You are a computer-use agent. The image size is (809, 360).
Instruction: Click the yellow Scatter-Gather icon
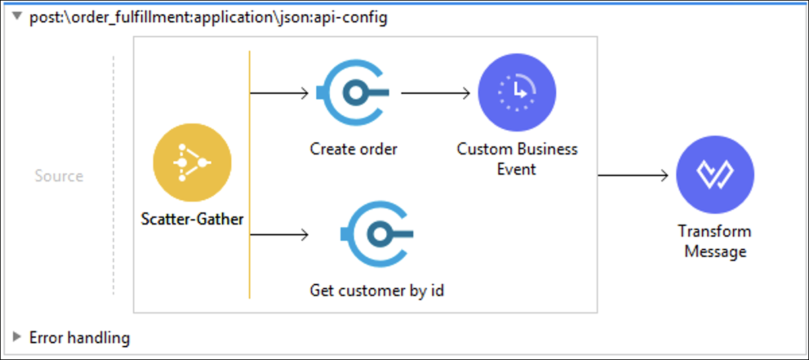(192, 162)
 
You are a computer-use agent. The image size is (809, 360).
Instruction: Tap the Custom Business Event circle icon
(517, 92)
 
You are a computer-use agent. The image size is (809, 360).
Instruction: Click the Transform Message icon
(715, 175)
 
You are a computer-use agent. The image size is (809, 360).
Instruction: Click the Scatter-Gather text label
(192, 219)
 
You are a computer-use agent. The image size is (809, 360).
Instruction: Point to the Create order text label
(353, 149)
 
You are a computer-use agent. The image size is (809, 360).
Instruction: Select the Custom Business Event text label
(517, 159)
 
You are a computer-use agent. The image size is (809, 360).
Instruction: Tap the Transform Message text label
(715, 241)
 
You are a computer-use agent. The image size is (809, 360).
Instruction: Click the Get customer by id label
(377, 291)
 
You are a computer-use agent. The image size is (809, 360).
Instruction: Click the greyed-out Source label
(59, 176)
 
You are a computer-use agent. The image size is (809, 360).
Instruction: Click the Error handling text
(80, 338)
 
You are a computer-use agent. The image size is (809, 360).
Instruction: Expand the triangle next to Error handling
(17, 337)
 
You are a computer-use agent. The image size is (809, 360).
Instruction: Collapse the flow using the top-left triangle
(17, 16)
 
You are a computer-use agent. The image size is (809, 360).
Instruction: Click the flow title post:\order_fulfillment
(208, 18)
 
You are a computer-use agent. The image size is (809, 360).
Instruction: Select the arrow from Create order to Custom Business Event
(436, 93)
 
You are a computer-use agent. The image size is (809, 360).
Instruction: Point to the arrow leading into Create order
(279, 93)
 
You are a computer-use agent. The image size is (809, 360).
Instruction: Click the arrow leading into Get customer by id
(279, 235)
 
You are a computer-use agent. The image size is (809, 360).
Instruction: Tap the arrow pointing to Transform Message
(633, 175)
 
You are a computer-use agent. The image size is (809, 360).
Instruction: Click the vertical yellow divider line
(249, 175)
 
